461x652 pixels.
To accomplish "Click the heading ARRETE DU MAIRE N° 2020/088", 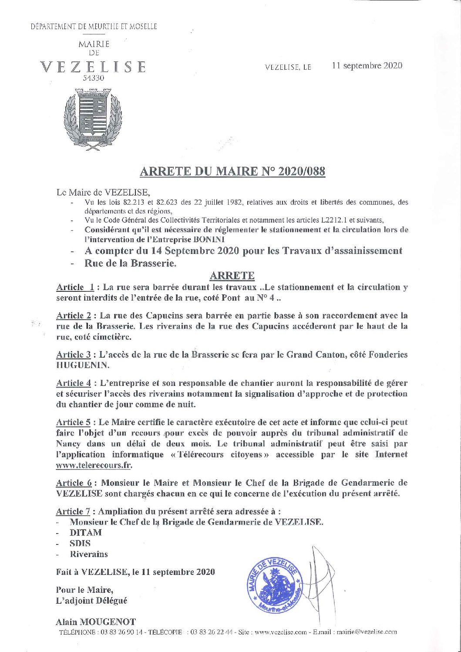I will [232, 171].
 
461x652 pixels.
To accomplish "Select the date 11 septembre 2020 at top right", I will [367, 66].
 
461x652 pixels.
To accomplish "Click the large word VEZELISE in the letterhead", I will [93, 67].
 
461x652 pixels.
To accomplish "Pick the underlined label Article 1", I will [75, 287].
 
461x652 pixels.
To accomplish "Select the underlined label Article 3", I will [74, 355].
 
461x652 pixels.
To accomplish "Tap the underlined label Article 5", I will [74, 422].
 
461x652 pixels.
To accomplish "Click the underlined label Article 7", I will [74, 511].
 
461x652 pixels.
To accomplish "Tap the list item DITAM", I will [86, 532].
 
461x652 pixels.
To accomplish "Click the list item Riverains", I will [89, 554].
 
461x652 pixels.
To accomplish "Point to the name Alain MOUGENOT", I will [96, 622].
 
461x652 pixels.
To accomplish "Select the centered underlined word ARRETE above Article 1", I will [232, 276].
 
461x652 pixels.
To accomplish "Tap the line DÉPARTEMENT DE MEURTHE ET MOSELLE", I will [94, 27].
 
